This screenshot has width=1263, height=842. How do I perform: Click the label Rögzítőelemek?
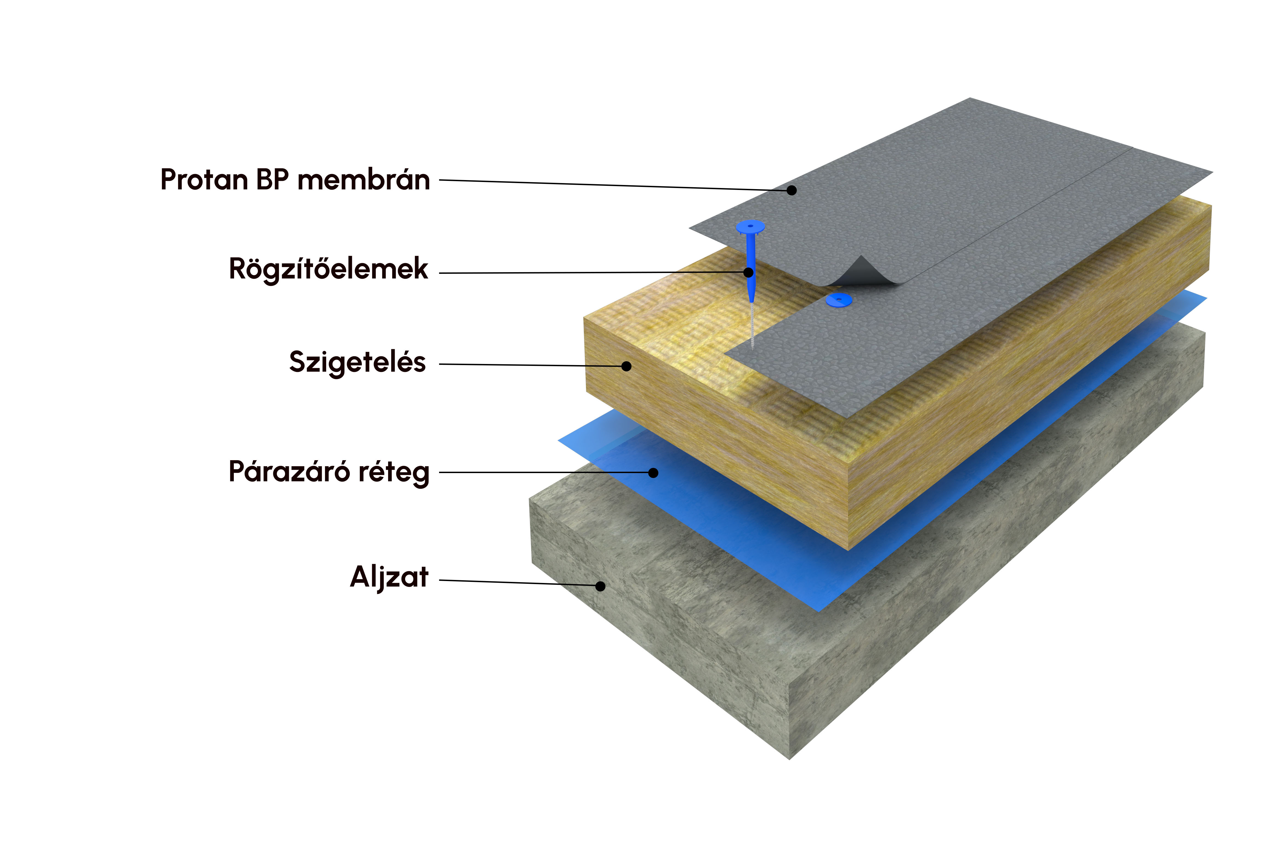328,269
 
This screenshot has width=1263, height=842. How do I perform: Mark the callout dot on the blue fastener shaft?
748,272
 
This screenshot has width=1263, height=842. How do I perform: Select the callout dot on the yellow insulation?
626,366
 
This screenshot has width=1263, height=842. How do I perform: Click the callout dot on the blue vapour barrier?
653,473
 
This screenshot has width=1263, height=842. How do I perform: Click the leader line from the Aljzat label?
516,583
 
